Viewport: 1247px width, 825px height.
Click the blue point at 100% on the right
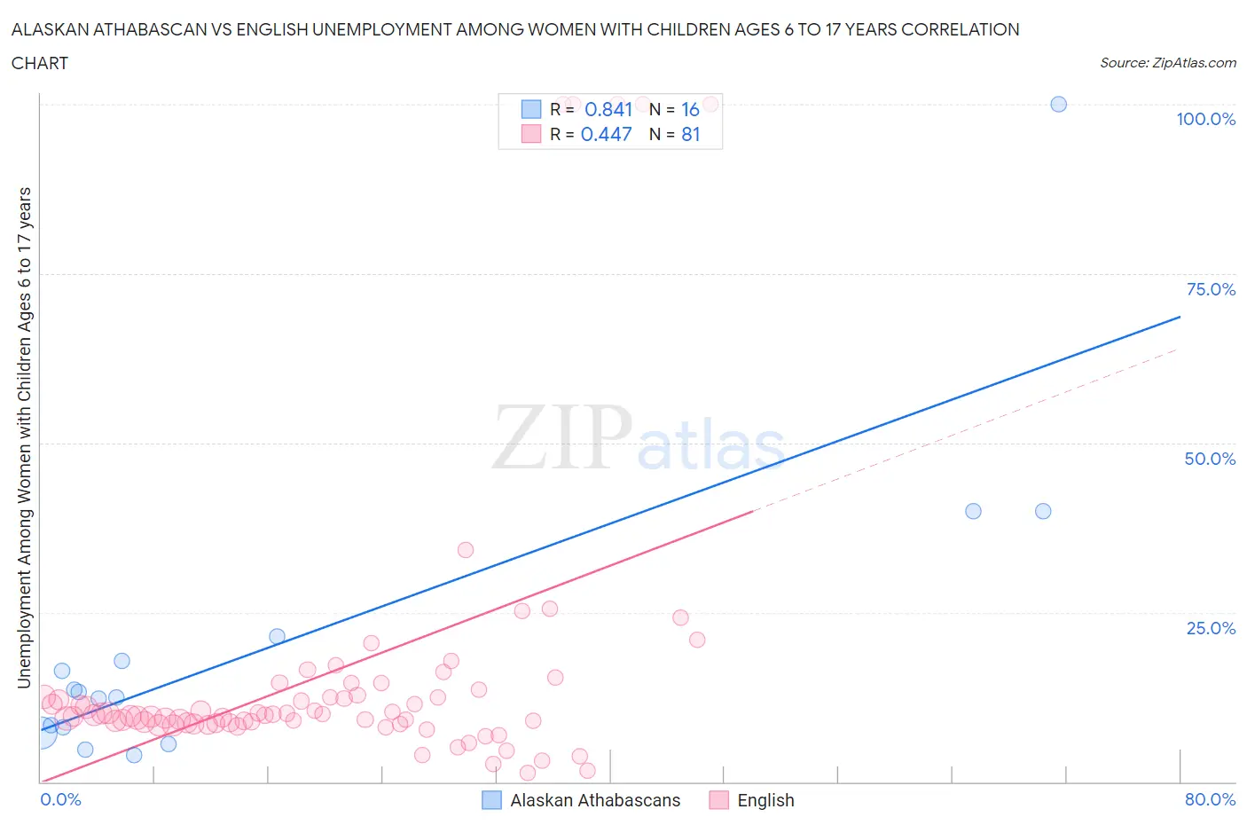[1058, 104]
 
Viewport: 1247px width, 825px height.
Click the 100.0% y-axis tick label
[1205, 119]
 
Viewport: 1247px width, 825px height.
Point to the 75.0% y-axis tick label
[1211, 289]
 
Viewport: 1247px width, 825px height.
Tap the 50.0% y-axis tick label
[1210, 459]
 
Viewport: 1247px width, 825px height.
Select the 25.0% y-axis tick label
[1211, 628]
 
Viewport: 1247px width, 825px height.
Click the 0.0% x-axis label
[60, 799]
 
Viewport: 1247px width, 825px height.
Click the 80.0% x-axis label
[1210, 799]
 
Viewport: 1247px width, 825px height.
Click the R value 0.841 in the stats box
[608, 109]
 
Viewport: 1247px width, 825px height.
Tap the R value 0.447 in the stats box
[606, 134]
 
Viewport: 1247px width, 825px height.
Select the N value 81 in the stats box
[690, 134]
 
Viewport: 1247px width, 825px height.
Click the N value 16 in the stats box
[690, 109]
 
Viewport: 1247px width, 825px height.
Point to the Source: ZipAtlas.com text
[1167, 63]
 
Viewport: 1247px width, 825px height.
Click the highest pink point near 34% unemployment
[466, 550]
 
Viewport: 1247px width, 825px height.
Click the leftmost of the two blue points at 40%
[973, 511]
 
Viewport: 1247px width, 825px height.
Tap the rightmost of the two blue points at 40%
[1043, 511]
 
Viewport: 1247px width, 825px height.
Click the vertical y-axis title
[24, 437]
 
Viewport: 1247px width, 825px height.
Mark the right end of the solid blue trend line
[1180, 316]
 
